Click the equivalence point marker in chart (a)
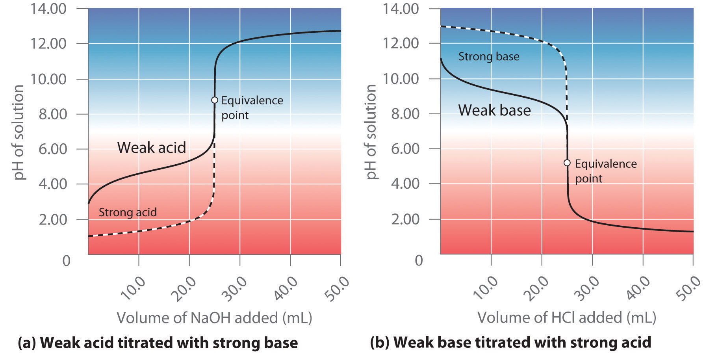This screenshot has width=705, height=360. coord(215,100)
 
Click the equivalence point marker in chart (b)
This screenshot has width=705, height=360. coord(567,163)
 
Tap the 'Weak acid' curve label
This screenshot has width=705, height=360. coord(152,148)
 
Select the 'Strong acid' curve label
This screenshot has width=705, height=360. coord(128,212)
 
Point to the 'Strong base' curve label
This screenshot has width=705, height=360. coord(489,57)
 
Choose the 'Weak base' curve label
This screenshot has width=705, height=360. coord(494,110)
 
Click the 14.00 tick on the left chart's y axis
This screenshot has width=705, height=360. coord(48,8)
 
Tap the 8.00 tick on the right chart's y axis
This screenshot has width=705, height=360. coord(405,114)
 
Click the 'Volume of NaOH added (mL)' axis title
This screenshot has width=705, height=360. coord(214,318)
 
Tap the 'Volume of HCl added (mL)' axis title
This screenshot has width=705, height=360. coord(567,317)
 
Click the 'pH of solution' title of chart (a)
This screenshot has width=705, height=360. coord(19,132)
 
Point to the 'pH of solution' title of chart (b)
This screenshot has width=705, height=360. coord(371,132)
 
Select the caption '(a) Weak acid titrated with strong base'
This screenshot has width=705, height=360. coord(158,343)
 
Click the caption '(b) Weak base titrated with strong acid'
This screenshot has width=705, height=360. coord(510,343)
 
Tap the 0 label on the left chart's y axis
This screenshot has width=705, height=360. coord(66,261)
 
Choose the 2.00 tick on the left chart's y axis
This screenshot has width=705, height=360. coord(52,219)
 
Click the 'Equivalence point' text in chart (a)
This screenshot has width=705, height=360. coord(252,108)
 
